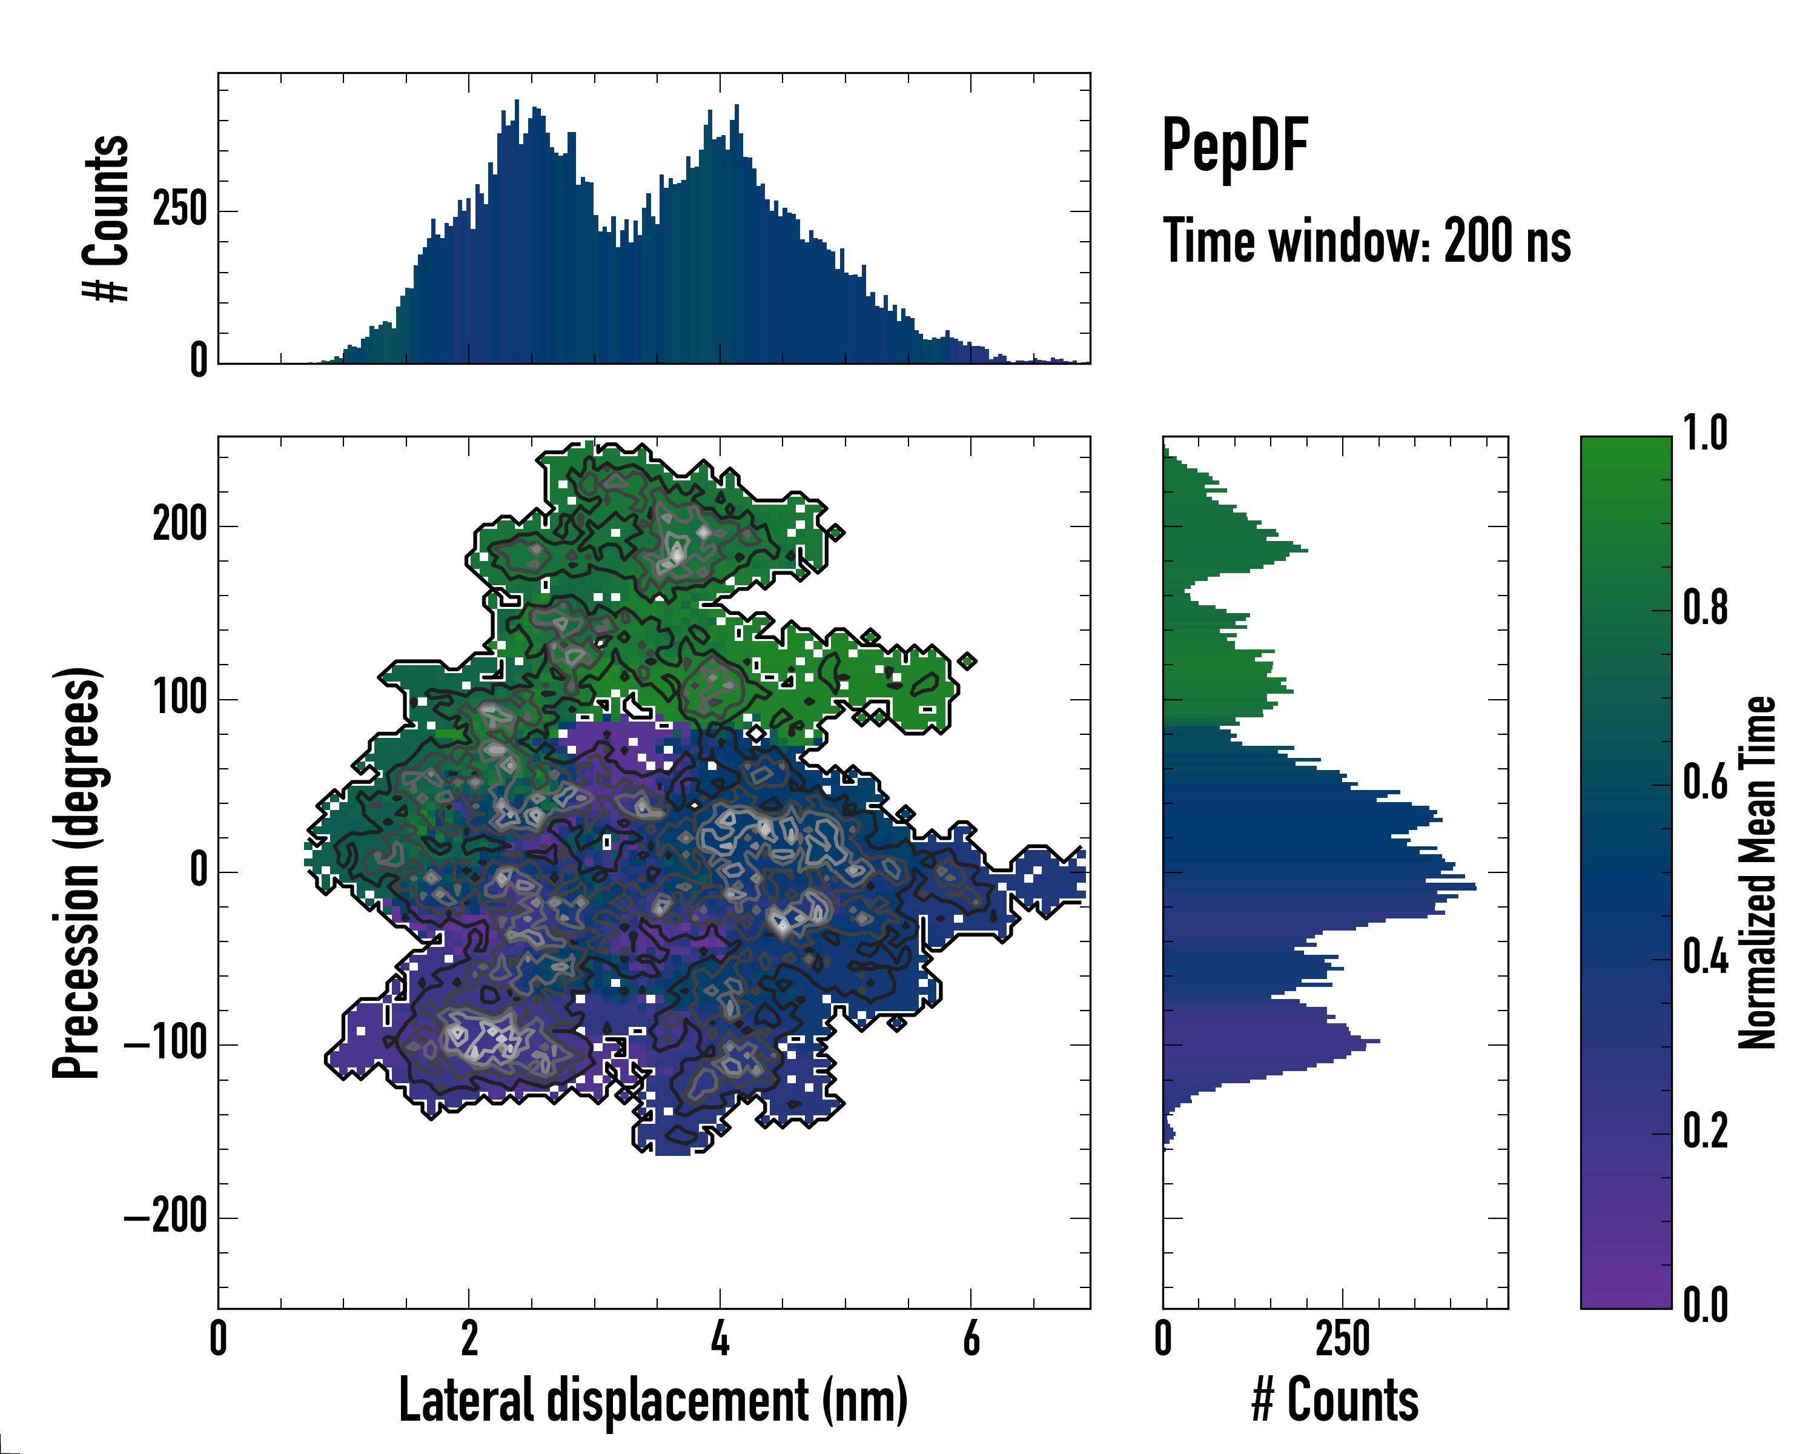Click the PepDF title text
click(1234, 146)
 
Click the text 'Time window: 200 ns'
click(1366, 242)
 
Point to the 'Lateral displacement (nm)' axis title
click(653, 1400)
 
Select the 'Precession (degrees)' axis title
click(78, 872)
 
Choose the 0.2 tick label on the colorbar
click(1705, 1131)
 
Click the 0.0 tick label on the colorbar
click(1705, 1305)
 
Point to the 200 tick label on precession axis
click(179, 525)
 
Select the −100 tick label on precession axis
click(166, 1044)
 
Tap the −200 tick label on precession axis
click(166, 1217)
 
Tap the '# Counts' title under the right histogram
click(1335, 1400)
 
